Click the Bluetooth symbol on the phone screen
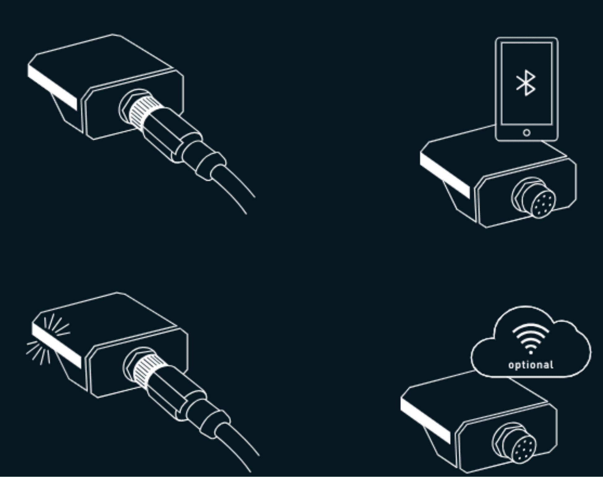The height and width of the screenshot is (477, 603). pos(526,83)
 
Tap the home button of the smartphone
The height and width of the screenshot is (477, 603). pos(527,133)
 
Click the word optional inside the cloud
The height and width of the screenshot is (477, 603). pos(531,365)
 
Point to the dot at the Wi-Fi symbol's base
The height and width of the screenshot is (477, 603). pos(531,352)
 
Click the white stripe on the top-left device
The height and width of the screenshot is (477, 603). pos(52,87)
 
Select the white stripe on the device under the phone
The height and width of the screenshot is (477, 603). pos(445,176)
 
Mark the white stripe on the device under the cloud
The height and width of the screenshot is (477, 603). pos(425,420)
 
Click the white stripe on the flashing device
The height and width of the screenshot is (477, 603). pos(57,346)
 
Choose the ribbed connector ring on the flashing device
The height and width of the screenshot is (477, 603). pos(147,371)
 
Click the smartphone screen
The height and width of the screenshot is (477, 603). pos(527,84)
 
